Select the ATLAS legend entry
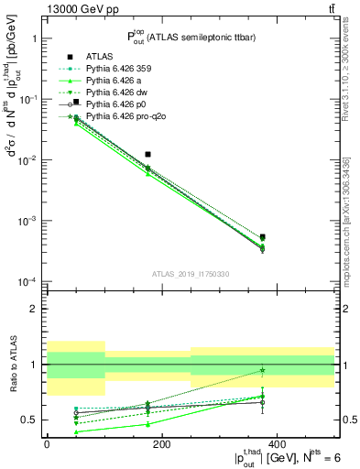pyautogui.click(x=101, y=56)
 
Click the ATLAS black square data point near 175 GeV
pyautogui.click(x=148, y=155)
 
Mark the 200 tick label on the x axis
pyautogui.click(x=161, y=444)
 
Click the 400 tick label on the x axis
pyautogui.click(x=277, y=444)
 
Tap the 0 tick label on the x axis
pyautogui.click(x=47, y=444)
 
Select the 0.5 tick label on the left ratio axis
pyautogui.click(x=31, y=420)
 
